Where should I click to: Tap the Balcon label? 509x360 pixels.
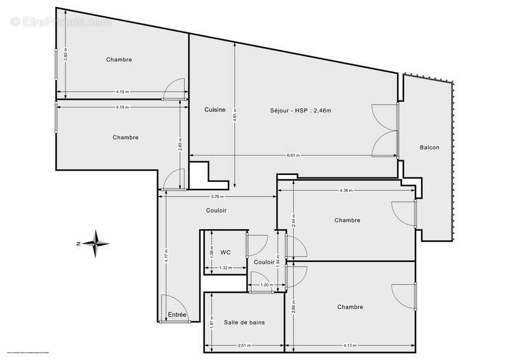pyautogui.click(x=429, y=148)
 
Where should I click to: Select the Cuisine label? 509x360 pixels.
pyautogui.click(x=214, y=110)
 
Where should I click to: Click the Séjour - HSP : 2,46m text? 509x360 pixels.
pyautogui.click(x=300, y=110)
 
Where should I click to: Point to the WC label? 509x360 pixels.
pyautogui.click(x=225, y=253)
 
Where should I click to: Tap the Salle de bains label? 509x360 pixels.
pyautogui.click(x=244, y=322)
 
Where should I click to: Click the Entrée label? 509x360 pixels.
pyautogui.click(x=177, y=315)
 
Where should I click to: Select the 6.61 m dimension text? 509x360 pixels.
pyautogui.click(x=293, y=156)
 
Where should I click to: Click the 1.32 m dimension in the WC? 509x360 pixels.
pyautogui.click(x=224, y=268)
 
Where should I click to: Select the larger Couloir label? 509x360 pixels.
pyautogui.click(x=216, y=211)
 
